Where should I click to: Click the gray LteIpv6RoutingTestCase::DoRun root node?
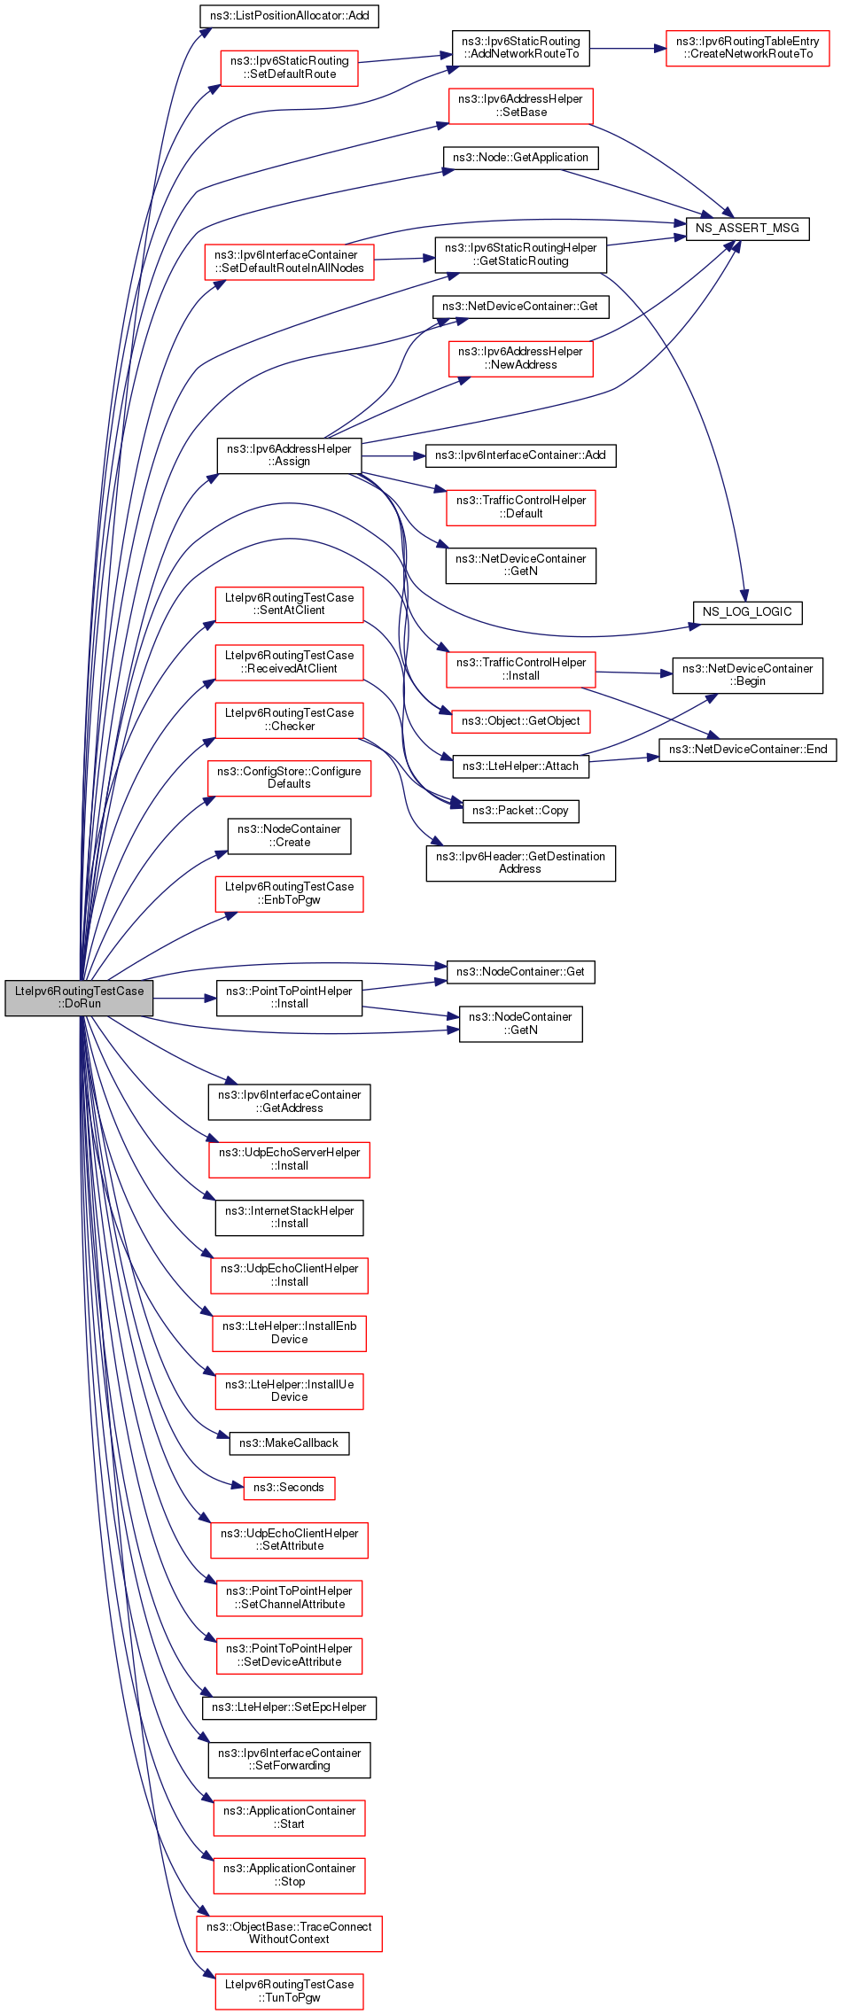tap(79, 998)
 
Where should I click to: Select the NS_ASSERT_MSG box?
tap(747, 228)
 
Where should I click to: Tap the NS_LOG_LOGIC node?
tap(747, 612)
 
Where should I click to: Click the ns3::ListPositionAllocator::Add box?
tap(290, 16)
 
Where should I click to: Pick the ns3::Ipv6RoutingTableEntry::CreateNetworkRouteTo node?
tap(747, 48)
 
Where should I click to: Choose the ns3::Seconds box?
tap(289, 1488)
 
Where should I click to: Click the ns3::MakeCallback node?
tap(289, 1443)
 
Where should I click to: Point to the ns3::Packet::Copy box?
tap(520, 811)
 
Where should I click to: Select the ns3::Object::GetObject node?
tap(520, 721)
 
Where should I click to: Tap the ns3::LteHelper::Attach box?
tap(520, 766)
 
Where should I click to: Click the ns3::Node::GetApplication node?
tap(520, 158)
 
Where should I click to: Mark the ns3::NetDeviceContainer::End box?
tap(747, 750)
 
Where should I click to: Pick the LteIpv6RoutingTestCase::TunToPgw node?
tap(289, 1991)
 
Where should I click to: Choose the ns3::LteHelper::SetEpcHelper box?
tap(289, 1707)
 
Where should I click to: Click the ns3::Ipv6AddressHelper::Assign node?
tap(289, 455)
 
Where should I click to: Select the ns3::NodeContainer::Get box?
tap(520, 972)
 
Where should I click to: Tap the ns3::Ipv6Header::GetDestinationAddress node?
tap(520, 863)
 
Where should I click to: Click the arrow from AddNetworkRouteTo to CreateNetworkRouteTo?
tap(627, 49)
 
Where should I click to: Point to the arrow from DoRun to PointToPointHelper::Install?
tap(185, 999)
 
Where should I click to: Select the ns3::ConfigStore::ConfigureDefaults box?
tap(289, 778)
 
